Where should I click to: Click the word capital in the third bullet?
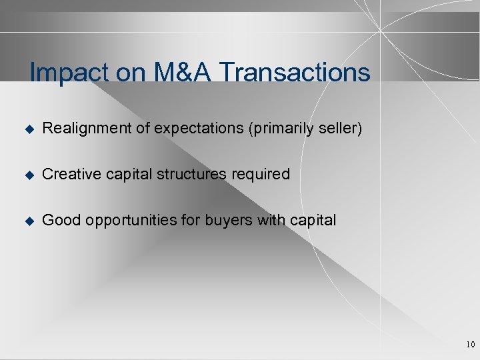[x=313, y=221]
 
